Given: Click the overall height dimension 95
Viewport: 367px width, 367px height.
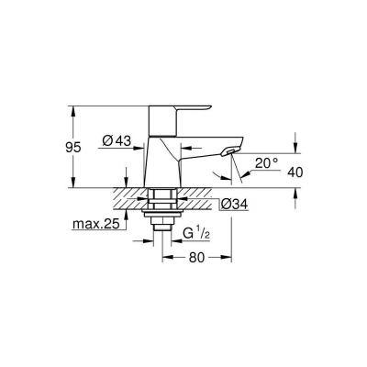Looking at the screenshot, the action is click(x=73, y=148).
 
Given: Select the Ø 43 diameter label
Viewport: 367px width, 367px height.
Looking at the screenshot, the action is click(x=117, y=141).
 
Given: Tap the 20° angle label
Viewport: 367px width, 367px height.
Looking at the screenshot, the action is click(x=267, y=163).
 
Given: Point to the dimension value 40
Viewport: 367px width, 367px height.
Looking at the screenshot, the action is click(x=295, y=172).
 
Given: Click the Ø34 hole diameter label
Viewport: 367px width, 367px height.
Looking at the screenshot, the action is click(x=234, y=204).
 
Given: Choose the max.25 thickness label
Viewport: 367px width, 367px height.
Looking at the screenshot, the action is click(x=95, y=225).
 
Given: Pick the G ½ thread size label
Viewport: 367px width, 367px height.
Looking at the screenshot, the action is click(x=196, y=234).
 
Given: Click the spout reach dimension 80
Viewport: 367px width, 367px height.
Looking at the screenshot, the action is click(x=196, y=258).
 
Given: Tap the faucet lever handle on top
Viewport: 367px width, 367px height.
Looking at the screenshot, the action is click(x=179, y=120).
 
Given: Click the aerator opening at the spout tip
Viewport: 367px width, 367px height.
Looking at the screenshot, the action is click(x=231, y=150).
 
